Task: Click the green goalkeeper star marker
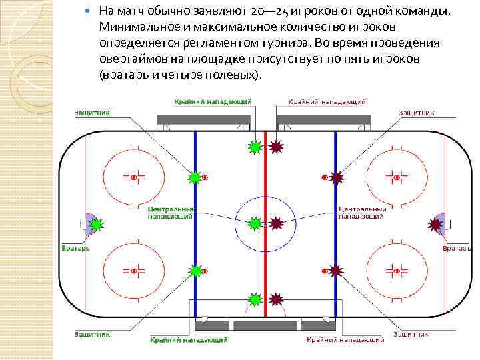click(x=96, y=225)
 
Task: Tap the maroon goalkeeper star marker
click(x=435, y=225)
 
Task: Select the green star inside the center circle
click(x=255, y=223)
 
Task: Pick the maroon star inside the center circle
click(x=276, y=223)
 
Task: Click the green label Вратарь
click(x=77, y=248)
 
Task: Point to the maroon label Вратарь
click(x=458, y=248)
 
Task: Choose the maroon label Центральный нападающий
click(x=363, y=213)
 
